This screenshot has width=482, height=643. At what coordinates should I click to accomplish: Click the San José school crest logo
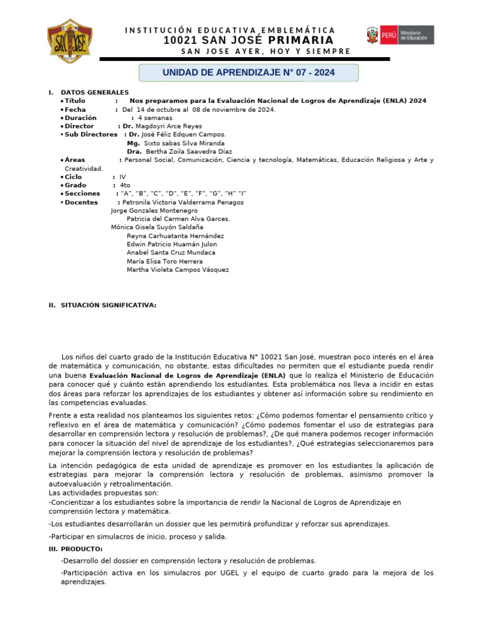(x=70, y=41)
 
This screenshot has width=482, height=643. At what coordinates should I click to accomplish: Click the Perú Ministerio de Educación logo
(x=400, y=35)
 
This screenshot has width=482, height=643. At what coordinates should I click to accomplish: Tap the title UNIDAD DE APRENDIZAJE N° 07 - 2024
(x=249, y=73)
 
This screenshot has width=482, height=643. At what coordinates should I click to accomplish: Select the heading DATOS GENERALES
(x=95, y=92)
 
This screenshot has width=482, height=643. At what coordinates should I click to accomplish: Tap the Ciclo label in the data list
(x=73, y=177)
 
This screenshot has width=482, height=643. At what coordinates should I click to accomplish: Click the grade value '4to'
(x=125, y=185)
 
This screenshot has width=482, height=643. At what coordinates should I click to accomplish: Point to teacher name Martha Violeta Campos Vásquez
(x=178, y=270)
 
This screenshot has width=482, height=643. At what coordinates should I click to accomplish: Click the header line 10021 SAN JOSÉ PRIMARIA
(x=248, y=40)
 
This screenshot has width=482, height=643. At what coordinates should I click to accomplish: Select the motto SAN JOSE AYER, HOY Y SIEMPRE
(x=265, y=51)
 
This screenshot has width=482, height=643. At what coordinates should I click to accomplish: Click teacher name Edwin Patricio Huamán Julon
(x=171, y=244)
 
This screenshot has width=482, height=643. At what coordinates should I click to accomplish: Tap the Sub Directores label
(x=91, y=134)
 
